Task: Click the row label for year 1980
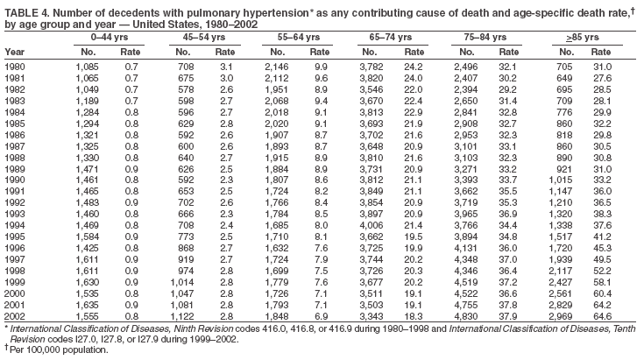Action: pos(15,67)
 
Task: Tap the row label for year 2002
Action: pos(15,314)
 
